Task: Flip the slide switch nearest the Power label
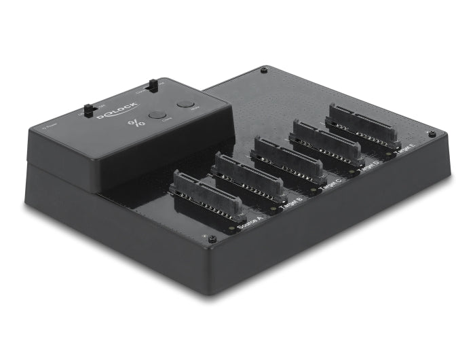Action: [88, 109]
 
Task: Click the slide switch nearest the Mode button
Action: [153, 86]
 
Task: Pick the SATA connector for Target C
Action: [286, 158]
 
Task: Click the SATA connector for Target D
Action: [326, 141]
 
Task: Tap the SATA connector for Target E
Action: [362, 124]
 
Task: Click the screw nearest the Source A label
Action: [212, 239]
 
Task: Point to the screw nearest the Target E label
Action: [432, 134]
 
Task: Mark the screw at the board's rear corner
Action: [263, 69]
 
